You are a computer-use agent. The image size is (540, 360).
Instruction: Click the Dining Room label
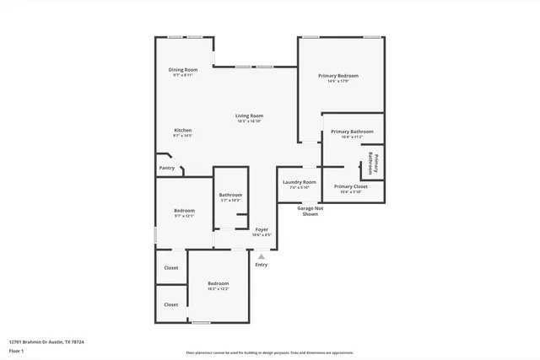coord(183,69)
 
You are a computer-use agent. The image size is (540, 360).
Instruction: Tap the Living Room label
coord(249,116)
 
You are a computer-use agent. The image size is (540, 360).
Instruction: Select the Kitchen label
coord(183,130)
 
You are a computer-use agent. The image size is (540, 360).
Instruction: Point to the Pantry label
coord(167,168)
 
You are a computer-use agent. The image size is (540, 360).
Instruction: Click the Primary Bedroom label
coord(333,76)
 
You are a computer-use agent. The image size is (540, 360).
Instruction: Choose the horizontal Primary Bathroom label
coord(352,132)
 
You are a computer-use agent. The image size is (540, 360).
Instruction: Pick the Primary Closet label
coord(350,186)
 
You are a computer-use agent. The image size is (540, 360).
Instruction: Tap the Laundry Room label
coord(299,182)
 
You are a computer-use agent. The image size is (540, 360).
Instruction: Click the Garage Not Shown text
coord(310,212)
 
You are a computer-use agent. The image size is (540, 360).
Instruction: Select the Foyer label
coord(262,229)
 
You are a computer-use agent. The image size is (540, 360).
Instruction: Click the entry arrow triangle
coord(262,256)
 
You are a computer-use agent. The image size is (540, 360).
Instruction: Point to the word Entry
coord(262,265)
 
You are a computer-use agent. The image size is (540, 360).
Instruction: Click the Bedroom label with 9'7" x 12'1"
coord(184,211)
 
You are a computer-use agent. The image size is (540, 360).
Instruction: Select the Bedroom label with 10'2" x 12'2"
coord(218,283)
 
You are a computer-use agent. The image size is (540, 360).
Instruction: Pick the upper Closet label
coord(171,268)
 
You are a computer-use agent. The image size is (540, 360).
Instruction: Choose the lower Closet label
coord(171,304)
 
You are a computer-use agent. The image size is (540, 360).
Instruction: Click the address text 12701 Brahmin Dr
coord(46,342)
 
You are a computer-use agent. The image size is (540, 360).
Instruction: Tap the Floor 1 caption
coord(17,351)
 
